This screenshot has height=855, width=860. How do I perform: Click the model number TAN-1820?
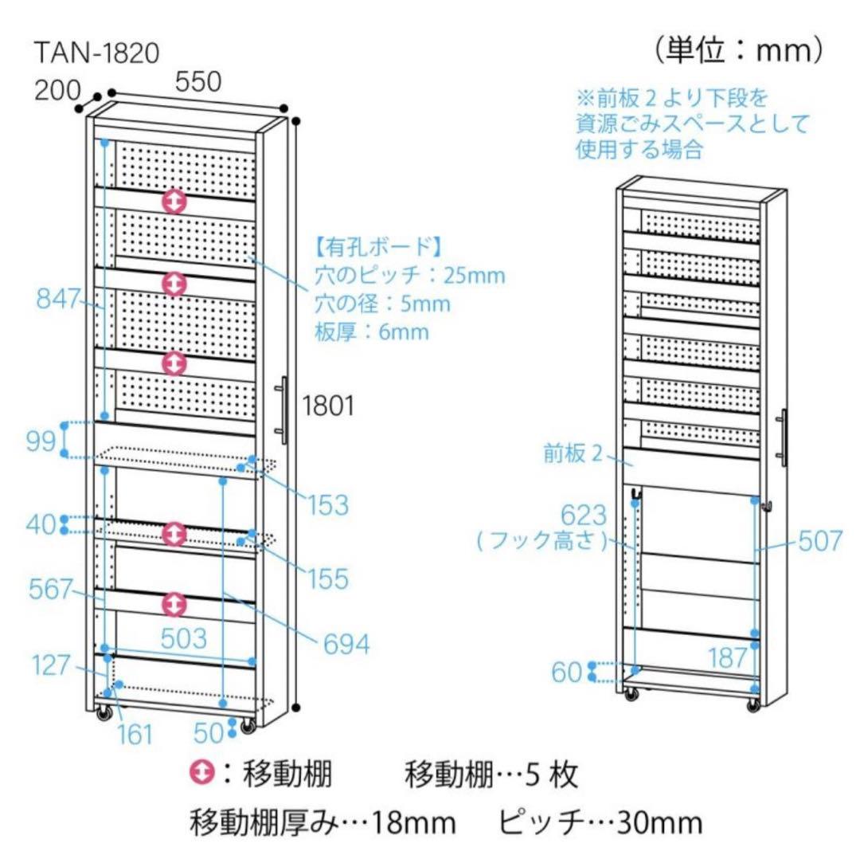pos(97,52)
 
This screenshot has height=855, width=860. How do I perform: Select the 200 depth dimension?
pos(58,89)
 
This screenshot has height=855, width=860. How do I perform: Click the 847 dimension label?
pos(58,300)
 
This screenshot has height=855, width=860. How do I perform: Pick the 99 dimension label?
pos(41,441)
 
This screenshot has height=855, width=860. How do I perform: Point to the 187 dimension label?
pos(726,657)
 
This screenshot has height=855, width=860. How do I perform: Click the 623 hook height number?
pos(585,515)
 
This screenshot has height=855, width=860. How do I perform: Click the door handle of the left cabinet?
pos(283,410)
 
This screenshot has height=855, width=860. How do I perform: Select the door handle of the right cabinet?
pos(784,437)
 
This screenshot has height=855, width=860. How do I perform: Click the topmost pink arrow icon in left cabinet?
pos(174,201)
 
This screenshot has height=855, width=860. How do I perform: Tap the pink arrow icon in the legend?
pos(203,771)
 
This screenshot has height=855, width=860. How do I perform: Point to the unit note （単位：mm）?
pos(738,51)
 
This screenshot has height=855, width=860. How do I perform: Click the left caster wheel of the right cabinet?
pos(631,695)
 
